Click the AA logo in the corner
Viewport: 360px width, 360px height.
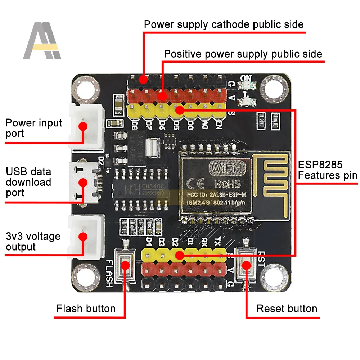coord(42,40)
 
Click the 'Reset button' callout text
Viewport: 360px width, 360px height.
coord(287,309)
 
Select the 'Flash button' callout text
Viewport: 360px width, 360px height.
coord(86,309)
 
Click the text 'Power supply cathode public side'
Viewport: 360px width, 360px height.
coord(224,24)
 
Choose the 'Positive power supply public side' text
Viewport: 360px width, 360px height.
coord(243,54)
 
